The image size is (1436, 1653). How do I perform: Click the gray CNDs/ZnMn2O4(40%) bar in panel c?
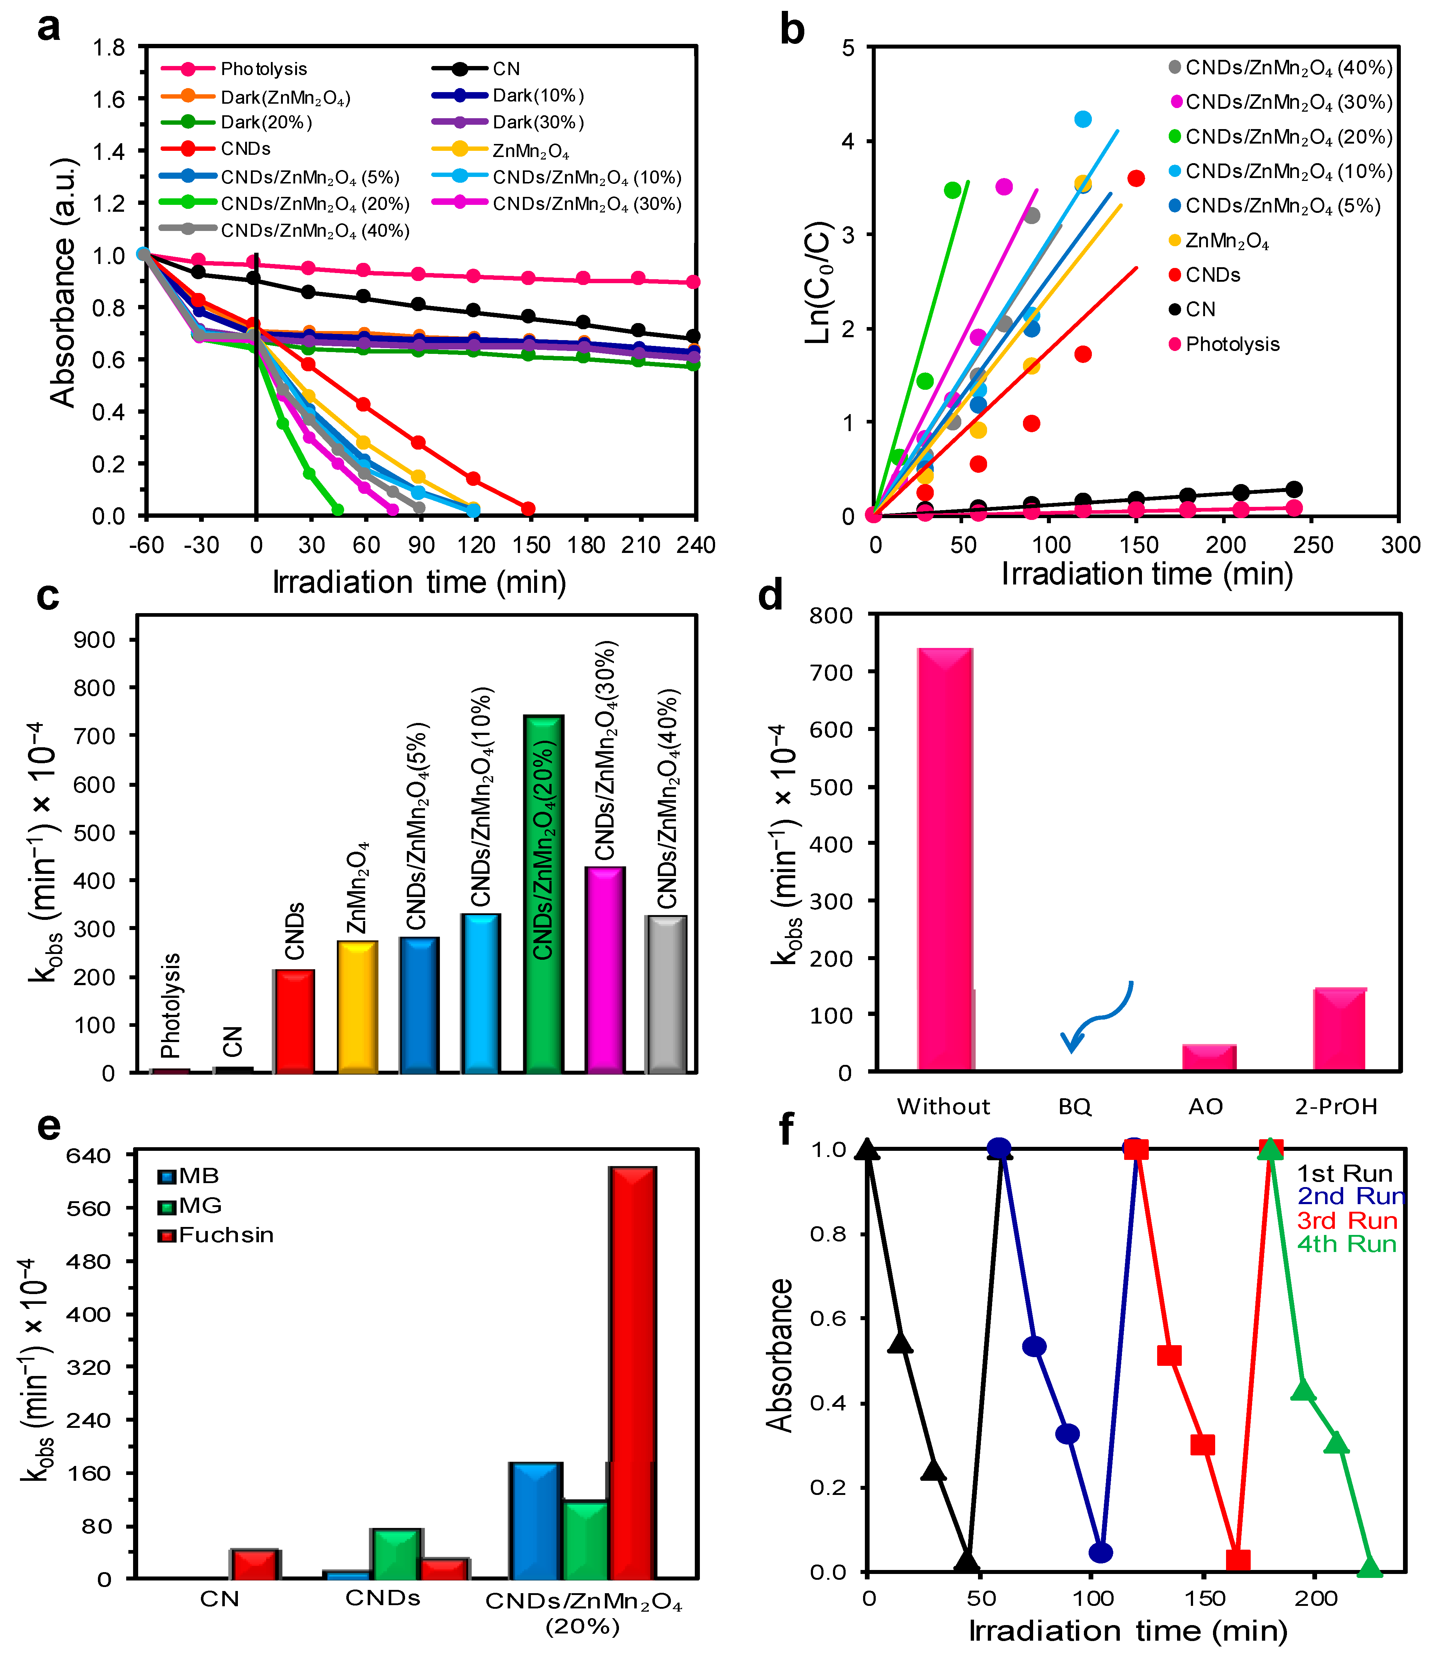click(666, 993)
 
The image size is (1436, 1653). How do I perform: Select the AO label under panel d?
click(1205, 1107)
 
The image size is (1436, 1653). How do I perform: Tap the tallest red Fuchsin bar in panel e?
click(632, 1373)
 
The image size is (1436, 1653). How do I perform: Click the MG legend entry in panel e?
click(199, 1205)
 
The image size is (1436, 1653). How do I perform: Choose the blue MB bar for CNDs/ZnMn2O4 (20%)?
click(535, 1520)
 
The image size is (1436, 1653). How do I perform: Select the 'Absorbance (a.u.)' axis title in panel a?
click(62, 282)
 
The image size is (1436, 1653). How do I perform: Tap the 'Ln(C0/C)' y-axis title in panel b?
click(818, 282)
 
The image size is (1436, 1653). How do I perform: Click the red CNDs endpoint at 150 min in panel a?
click(527, 509)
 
